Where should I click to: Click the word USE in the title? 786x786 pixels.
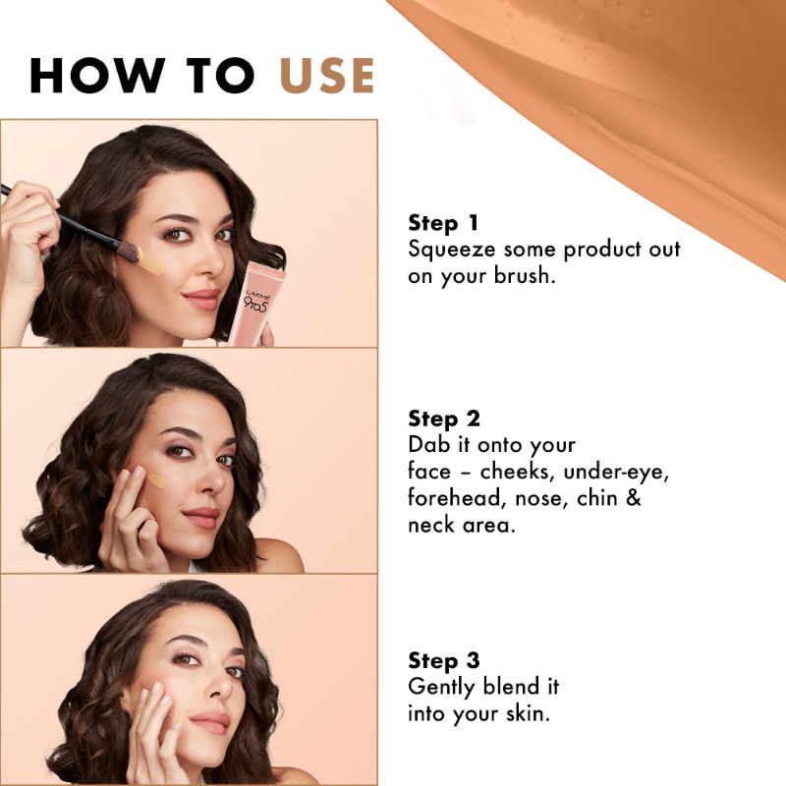pos(327,76)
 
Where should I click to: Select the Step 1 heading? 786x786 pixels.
pos(444,222)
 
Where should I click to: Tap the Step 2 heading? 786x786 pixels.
pos(444,419)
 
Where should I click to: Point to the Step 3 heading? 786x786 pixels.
pos(444,660)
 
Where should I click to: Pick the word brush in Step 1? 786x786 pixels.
pos(521,276)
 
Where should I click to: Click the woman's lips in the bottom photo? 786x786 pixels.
pos(210,722)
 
